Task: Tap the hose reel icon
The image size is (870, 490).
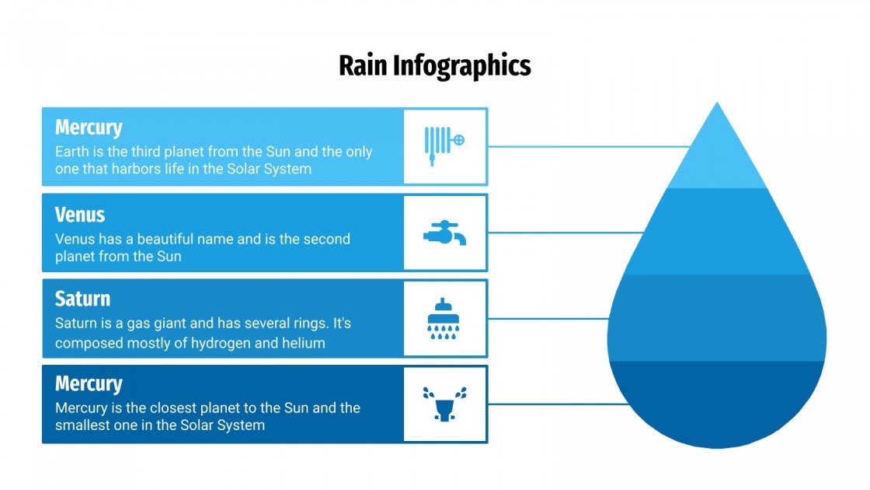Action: [445, 146]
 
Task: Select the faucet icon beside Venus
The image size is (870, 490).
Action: [445, 233]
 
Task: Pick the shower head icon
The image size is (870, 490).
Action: [445, 319]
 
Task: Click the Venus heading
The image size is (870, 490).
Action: [80, 215]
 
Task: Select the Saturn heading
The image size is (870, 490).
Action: [82, 299]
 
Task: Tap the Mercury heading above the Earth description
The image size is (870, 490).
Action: [89, 128]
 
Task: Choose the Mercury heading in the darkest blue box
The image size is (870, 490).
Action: [89, 384]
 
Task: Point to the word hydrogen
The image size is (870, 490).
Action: [224, 343]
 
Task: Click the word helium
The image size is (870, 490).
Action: [304, 343]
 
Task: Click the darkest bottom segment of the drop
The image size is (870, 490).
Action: [716, 404]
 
